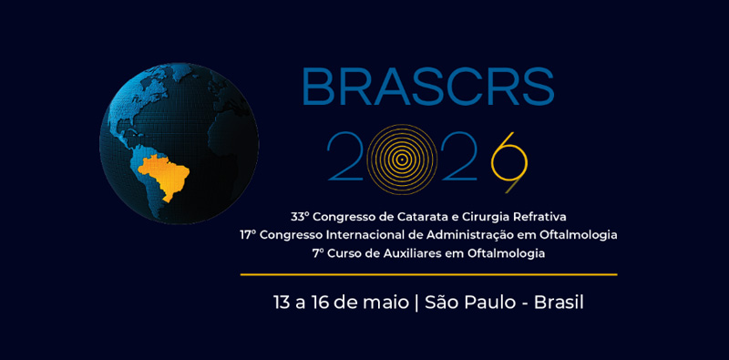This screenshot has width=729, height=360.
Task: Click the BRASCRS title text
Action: tap(427, 87)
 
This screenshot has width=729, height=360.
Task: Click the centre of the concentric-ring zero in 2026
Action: tap(402, 159)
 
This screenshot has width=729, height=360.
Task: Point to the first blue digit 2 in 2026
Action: tap(345, 156)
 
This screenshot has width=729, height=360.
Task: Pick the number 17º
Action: tap(248, 235)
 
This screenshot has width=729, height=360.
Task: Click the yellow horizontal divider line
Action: tap(428, 275)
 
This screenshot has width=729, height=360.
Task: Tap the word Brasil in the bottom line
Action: tap(559, 303)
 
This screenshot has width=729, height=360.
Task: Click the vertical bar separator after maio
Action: tap(416, 303)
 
